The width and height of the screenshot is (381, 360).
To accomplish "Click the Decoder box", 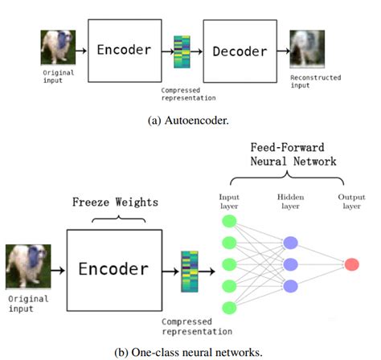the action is coord(240,51).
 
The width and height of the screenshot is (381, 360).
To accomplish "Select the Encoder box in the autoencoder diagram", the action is coord(125,51).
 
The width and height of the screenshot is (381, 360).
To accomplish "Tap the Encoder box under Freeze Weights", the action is coord(114,270).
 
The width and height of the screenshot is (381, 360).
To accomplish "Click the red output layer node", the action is coord(352,264).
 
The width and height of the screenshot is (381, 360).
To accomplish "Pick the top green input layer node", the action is coord(229,221).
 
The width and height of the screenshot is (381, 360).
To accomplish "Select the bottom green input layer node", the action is coord(229,308).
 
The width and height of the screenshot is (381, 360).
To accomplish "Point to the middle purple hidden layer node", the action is coord(291,264).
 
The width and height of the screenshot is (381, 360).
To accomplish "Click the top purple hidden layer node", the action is coord(291,243).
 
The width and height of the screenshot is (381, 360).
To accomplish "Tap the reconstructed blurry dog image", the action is coord(307,49).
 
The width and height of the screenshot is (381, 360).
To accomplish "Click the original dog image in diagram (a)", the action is coord(58,47).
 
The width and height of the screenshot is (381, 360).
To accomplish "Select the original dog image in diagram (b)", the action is coord(28,267).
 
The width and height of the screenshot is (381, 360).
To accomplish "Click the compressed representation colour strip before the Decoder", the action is coord(182,52).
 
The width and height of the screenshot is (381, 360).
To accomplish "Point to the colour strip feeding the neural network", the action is coord(190,272).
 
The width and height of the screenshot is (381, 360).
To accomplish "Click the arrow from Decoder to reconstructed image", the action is coord(284,51).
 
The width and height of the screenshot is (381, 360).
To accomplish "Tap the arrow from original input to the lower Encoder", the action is coord(58,271).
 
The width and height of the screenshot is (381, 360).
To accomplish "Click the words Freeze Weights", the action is coord(116,202).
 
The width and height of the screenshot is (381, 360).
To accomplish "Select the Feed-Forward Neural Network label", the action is coord(293,154).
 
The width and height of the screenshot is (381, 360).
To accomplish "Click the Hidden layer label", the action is coord(291,202).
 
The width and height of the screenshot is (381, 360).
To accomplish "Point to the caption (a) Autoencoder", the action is coord(188,121).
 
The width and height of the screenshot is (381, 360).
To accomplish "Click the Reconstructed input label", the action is coord(316,81).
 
